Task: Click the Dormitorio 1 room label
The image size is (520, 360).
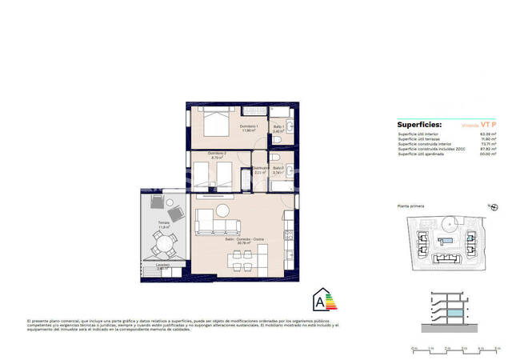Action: (x=249, y=127)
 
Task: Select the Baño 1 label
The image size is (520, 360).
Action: (x=279, y=127)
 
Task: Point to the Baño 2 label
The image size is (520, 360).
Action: (x=278, y=169)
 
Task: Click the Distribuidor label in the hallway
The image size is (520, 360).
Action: (x=260, y=169)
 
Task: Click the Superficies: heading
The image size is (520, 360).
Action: (x=419, y=125)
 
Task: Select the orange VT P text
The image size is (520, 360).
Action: (x=489, y=125)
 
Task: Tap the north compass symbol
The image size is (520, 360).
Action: (x=493, y=207)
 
